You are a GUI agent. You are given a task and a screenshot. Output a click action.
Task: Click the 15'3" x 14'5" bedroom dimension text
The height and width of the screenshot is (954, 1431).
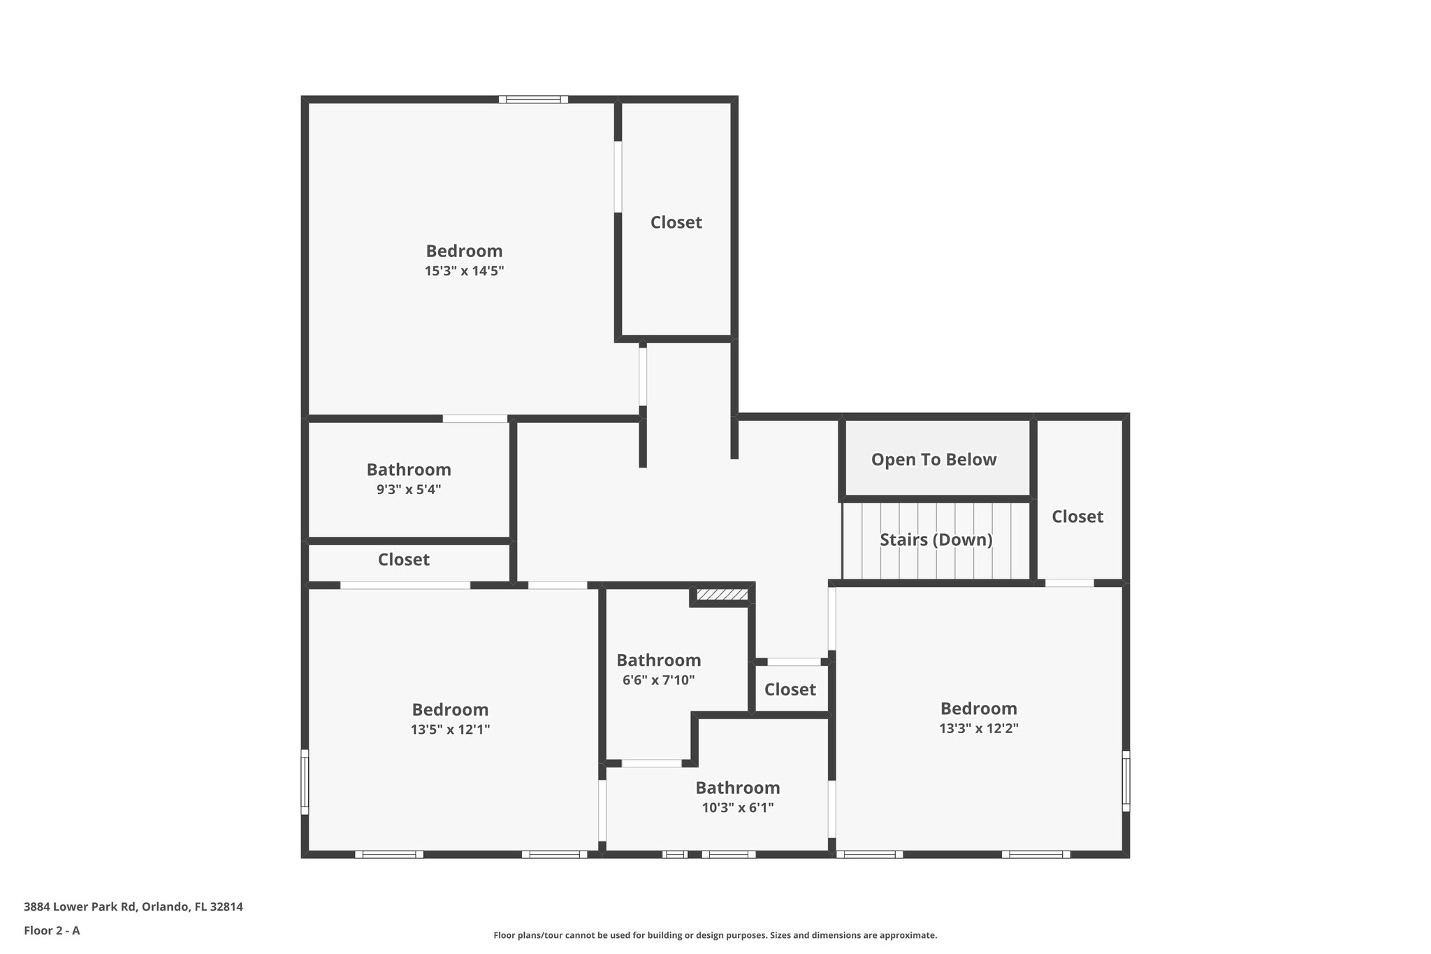pos(464,271)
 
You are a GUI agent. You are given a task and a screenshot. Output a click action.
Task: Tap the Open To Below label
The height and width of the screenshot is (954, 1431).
pos(934,460)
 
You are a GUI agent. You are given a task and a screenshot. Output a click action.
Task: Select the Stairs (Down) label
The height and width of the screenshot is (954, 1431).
pos(936,540)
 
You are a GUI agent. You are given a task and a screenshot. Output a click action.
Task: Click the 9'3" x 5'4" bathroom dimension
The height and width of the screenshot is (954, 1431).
pos(409,489)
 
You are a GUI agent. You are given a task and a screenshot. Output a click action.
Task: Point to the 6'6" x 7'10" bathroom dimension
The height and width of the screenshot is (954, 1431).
pos(658,680)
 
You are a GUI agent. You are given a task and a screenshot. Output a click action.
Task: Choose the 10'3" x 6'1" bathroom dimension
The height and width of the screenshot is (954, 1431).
pos(737,808)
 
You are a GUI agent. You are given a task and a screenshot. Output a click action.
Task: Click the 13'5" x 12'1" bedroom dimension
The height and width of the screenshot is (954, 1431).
pos(450,730)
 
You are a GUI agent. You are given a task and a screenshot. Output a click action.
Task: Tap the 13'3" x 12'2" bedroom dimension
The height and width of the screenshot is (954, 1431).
pos(978,728)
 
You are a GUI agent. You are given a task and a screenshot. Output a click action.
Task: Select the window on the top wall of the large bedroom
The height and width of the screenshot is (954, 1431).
pos(533,100)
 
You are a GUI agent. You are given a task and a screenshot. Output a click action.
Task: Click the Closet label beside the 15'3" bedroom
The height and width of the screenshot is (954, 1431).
pos(676,222)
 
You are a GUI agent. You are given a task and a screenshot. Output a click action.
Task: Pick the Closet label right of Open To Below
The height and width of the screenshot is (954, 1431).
pos(1077,516)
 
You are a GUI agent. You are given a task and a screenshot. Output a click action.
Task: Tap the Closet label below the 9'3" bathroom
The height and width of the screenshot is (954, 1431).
pos(403,560)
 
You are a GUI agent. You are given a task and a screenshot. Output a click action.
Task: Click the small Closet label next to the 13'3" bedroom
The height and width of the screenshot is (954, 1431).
pos(790,690)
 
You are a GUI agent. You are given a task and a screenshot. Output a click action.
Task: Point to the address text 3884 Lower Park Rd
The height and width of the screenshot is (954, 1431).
pos(133,907)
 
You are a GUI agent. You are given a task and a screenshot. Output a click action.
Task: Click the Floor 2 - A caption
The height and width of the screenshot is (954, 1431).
pos(52,930)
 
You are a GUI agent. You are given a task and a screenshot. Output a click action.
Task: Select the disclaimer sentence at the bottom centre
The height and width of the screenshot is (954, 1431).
pos(715,935)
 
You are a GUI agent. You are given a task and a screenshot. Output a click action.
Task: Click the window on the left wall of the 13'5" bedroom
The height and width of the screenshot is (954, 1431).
pos(305,782)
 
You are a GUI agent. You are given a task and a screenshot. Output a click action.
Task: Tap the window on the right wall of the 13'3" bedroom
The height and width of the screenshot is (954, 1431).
pos(1126,781)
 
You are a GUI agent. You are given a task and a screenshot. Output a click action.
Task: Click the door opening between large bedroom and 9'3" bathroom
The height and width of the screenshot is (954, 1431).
pos(475,419)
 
